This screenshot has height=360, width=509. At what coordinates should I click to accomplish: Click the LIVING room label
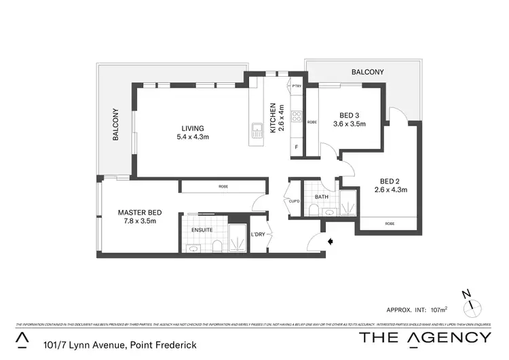pos(192,128)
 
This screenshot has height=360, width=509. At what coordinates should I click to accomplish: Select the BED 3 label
pos(349,115)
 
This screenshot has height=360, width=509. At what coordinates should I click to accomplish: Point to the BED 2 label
pos(389,181)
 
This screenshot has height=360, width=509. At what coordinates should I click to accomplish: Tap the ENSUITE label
pos(202,230)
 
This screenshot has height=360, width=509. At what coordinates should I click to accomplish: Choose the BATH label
pos(322,198)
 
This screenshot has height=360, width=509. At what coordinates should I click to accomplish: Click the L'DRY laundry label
pos(257,234)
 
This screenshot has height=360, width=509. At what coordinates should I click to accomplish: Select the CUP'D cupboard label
pos(293,200)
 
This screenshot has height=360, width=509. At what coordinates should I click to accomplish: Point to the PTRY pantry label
pos(296,86)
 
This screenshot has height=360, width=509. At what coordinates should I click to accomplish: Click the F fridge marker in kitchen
pos(296,147)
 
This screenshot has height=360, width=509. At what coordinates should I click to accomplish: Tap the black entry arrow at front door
pos(331,240)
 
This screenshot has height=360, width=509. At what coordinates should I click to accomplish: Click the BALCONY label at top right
pos(367,72)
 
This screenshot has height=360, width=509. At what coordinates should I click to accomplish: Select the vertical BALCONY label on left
pos(116,124)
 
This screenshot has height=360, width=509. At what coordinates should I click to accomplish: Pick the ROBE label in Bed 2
pos(389,223)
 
